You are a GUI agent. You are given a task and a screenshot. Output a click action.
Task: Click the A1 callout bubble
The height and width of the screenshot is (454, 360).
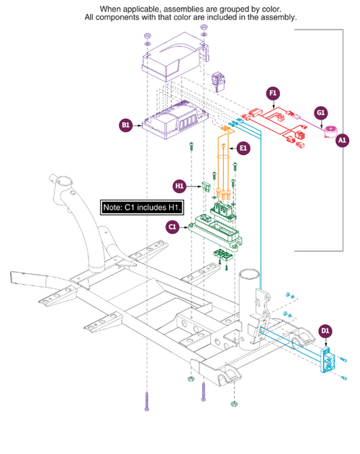342,139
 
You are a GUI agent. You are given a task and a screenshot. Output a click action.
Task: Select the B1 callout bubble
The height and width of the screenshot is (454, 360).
125,125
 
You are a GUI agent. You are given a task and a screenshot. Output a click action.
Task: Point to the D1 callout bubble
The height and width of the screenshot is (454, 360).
325,331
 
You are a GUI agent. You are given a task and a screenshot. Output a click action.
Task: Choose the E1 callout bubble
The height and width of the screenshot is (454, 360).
244,148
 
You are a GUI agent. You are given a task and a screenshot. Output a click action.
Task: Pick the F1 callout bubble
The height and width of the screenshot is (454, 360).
272,93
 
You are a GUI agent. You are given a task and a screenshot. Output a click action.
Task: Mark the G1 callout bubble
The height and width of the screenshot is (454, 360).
321,112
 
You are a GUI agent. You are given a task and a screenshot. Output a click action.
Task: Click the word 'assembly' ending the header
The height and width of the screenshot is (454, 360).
277,17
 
